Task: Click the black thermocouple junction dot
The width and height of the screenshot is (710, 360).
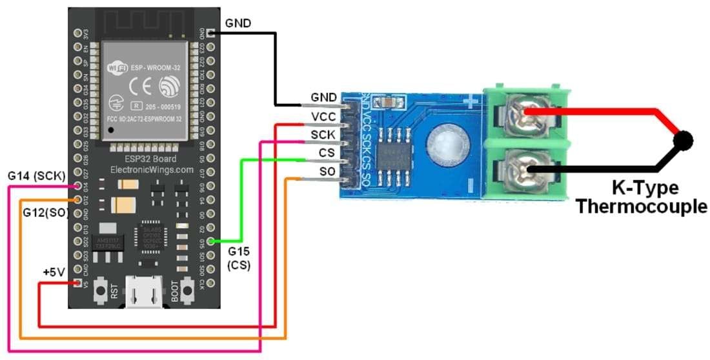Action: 683,139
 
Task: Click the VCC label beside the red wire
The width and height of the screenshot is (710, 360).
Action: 323,116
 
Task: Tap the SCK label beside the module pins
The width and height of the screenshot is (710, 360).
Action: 323,134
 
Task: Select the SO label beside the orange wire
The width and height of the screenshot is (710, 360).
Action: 327,171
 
